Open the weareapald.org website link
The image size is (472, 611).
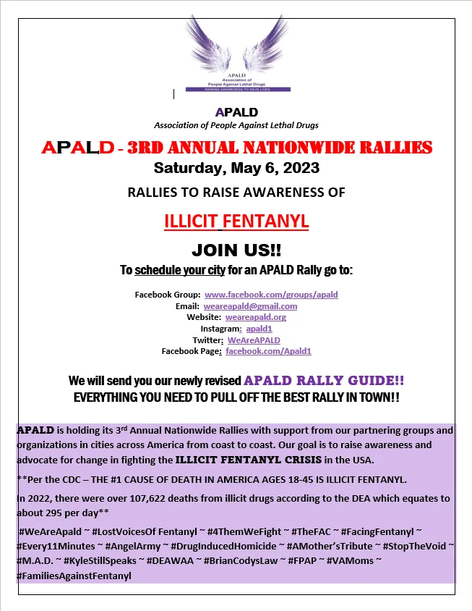256,317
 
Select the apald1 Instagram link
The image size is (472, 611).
259,329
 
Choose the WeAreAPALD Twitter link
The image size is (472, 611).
254,340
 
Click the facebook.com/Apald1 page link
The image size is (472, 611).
268,351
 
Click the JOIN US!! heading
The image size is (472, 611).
236,250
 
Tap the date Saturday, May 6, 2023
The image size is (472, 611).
236,169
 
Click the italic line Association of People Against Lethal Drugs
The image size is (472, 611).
236,125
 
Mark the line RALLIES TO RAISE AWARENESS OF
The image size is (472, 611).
236,193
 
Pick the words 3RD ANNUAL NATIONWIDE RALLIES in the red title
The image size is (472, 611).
280,148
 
